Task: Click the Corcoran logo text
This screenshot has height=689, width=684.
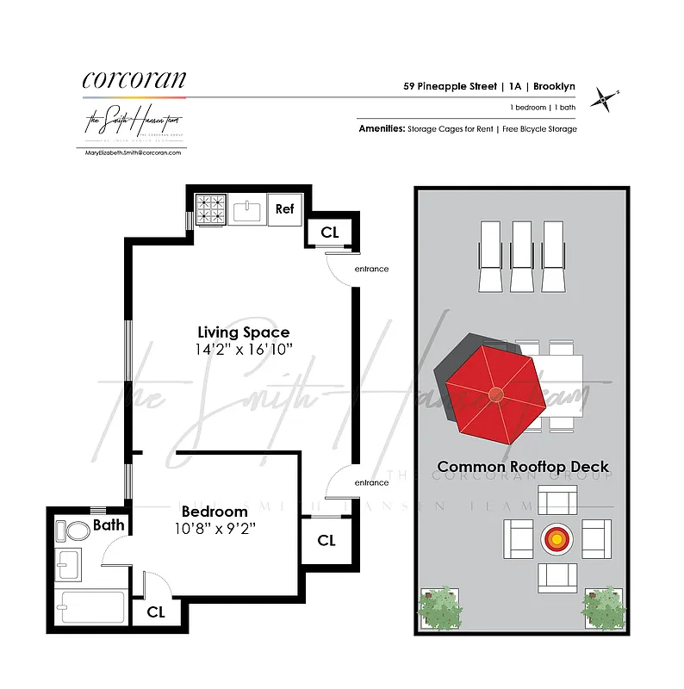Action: [134, 79]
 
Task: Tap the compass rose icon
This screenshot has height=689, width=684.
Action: [606, 101]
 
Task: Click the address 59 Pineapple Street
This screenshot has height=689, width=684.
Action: [450, 86]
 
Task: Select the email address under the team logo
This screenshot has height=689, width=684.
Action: [134, 152]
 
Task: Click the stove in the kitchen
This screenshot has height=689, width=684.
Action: [209, 208]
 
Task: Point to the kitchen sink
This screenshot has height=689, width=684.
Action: [247, 209]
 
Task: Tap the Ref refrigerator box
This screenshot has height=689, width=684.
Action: [285, 208]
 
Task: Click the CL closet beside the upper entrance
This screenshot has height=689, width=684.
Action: [330, 232]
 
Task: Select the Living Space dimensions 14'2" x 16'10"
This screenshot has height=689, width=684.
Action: [244, 349]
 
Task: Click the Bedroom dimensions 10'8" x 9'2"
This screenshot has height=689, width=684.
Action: [215, 528]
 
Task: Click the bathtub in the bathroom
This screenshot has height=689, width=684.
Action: [90, 606]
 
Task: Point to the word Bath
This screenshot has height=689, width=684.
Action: [109, 525]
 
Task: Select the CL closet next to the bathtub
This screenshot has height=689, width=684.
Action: [156, 611]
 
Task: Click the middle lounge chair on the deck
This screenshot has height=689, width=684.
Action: [522, 256]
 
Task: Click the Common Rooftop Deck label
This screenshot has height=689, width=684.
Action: [523, 467]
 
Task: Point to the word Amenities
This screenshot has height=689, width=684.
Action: [382, 128]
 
